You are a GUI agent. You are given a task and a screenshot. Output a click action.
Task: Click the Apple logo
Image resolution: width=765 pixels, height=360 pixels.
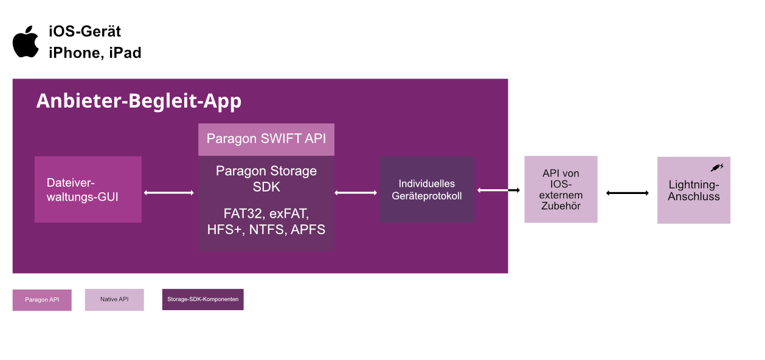click(26, 42)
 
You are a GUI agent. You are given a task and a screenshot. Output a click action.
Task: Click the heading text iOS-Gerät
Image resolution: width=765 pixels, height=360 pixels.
click(85, 32)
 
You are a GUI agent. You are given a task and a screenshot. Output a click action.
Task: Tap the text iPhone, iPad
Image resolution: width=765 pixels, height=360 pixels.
click(95, 53)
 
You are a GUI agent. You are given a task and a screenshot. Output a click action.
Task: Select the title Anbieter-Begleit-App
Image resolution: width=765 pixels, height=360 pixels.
click(139, 101)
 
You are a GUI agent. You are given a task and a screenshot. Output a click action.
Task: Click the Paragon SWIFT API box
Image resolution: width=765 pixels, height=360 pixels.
click(266, 139)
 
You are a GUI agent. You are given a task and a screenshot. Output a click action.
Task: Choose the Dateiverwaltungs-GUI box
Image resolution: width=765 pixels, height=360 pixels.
click(88, 189)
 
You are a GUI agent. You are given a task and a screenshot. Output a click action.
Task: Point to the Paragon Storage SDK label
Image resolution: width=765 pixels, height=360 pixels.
click(266, 179)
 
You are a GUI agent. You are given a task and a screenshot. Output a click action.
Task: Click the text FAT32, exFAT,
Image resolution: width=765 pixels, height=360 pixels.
click(266, 214)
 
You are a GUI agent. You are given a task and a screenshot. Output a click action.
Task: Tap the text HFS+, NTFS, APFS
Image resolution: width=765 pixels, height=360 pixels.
click(266, 229)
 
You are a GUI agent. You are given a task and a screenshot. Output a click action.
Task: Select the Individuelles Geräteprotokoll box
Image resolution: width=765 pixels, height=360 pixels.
click(427, 189)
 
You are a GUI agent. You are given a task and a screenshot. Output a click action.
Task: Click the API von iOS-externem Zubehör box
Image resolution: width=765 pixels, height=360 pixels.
click(561, 189)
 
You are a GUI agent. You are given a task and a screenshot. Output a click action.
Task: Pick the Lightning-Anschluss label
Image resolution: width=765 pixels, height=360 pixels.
click(693, 190)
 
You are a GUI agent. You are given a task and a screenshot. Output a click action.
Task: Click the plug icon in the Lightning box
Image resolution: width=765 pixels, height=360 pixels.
click(717, 167)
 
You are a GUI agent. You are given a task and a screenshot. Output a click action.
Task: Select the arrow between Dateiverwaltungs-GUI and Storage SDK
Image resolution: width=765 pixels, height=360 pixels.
click(169, 193)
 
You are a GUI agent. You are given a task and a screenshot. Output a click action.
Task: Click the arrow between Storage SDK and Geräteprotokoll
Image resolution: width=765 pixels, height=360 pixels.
click(356, 193)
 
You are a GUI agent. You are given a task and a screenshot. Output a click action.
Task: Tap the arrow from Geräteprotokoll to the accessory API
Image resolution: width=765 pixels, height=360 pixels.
click(499, 190)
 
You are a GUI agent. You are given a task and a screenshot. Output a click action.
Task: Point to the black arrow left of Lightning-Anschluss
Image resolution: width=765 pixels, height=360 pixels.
click(628, 193)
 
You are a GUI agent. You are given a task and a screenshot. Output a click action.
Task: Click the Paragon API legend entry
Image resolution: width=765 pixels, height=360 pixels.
click(42, 300)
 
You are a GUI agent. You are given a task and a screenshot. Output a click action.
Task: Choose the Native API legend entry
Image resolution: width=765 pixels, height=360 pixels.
click(114, 299)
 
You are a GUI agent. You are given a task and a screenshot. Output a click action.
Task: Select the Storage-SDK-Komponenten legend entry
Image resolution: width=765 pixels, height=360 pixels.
click(202, 299)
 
